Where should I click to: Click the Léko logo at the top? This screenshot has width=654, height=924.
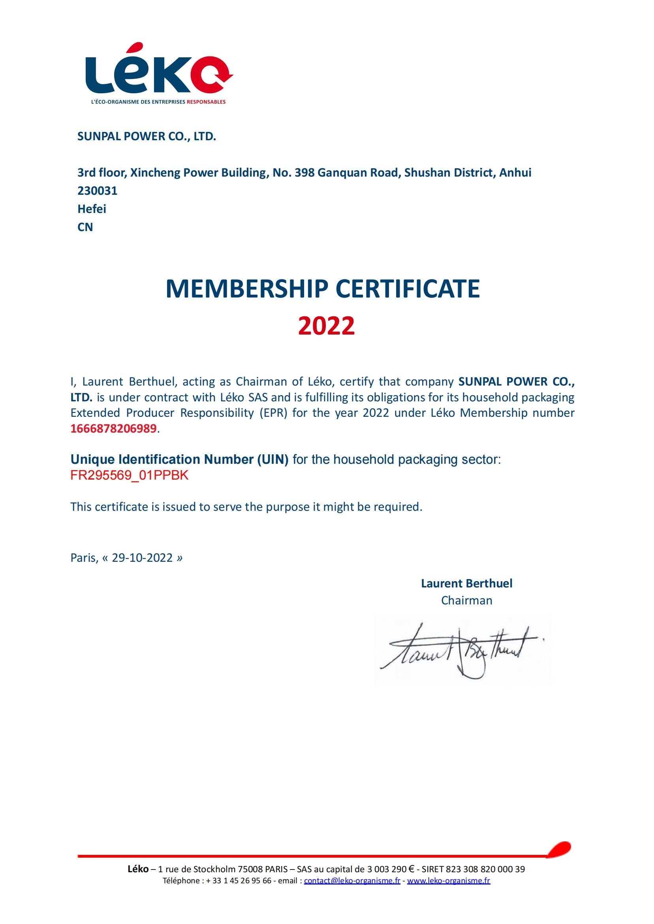click(159, 73)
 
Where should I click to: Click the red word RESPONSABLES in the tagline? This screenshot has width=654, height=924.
click(206, 102)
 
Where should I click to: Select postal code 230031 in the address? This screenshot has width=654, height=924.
click(98, 190)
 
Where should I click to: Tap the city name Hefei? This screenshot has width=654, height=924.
click(92, 209)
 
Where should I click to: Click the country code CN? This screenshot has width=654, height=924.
click(85, 227)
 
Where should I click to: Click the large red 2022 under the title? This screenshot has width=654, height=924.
click(327, 326)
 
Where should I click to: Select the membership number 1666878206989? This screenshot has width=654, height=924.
click(113, 429)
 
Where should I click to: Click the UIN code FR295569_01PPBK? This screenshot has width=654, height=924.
click(129, 475)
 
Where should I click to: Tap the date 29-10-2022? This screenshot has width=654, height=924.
click(142, 558)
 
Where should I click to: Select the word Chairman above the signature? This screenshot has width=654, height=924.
click(467, 600)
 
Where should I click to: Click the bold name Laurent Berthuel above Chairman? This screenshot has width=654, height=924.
click(467, 583)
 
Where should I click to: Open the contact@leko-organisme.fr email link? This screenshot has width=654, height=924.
click(352, 881)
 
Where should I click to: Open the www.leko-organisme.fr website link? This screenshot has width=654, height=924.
click(449, 881)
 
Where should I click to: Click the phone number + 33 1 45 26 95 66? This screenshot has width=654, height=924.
click(239, 881)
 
